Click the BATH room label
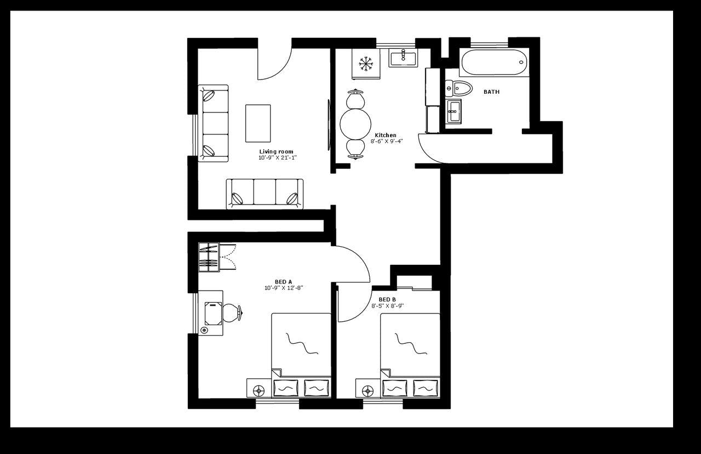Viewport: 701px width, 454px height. [491, 92]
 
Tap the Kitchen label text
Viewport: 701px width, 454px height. [386, 135]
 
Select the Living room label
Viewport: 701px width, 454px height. [276, 152]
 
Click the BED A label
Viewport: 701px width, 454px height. [283, 282]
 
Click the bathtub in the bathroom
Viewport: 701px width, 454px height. [494, 63]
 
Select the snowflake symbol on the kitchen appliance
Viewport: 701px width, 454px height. [366, 64]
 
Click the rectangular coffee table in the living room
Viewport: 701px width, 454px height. [258, 123]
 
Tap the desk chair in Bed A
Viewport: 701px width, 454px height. [231, 313]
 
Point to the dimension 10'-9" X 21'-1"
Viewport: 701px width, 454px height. [277, 158]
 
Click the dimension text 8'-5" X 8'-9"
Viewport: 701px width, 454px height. [387, 306]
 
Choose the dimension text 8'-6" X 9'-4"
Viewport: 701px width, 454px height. [386, 141]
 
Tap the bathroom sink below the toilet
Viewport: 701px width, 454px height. [453, 112]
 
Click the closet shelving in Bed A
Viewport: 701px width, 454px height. [209, 257]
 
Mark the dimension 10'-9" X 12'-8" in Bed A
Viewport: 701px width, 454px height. [283, 288]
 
